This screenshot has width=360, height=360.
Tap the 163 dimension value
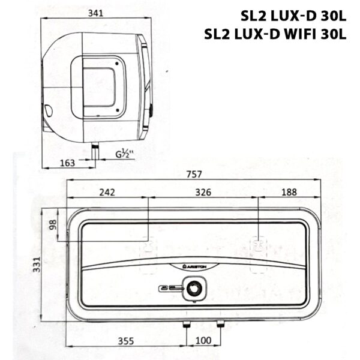click(x=68, y=162)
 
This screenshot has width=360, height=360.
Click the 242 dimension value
click(x=107, y=193)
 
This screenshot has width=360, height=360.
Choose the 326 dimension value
click(x=203, y=193)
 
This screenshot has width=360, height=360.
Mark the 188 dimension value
click(x=289, y=193)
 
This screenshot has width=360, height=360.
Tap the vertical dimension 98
click(x=52, y=225)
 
